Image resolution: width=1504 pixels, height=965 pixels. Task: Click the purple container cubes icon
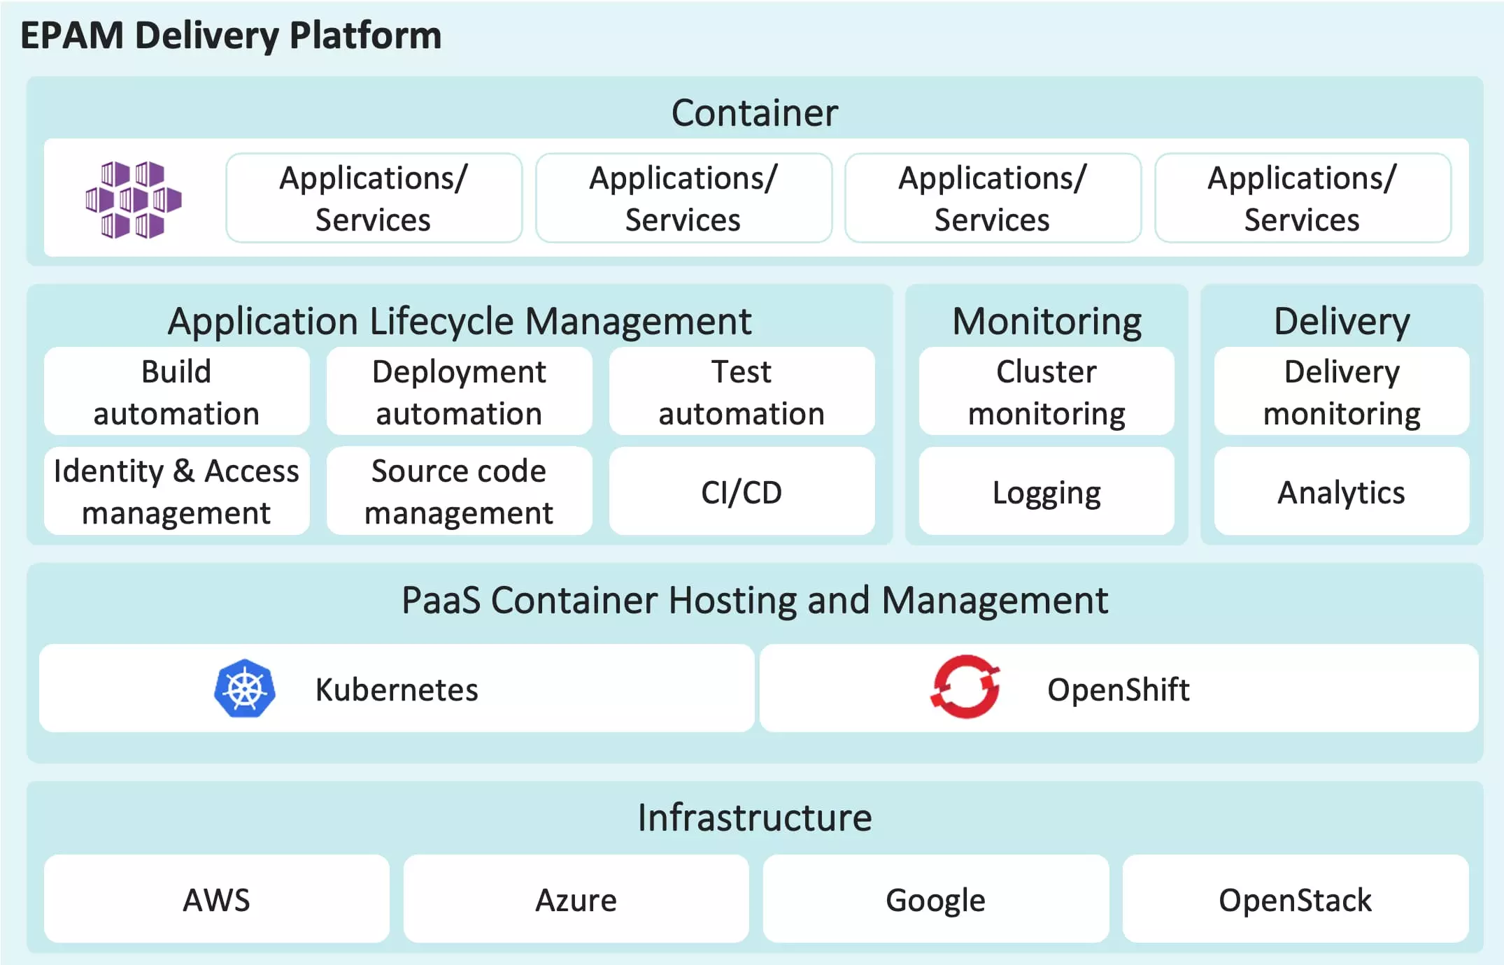coord(133,199)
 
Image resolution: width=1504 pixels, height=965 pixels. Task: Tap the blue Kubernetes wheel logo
coord(244,689)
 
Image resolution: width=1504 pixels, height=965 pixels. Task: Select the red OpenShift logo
coord(965,687)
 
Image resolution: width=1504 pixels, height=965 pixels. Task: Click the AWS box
coord(216,899)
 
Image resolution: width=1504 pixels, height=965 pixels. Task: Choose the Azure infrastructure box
coord(576,899)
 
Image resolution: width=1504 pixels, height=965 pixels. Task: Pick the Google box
coord(935,899)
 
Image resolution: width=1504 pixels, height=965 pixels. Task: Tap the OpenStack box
coord(1295,899)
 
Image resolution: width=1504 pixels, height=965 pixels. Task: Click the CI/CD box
coord(742,492)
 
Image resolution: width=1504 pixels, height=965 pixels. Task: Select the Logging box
coord(1047,492)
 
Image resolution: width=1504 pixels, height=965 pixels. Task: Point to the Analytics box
coord(1341,492)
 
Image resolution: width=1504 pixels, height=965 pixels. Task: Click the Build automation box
coord(176,392)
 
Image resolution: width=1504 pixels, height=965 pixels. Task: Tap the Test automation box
coord(742,392)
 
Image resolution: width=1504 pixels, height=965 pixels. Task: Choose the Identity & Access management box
coord(176,492)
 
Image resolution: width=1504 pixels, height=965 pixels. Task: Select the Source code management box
coord(459,492)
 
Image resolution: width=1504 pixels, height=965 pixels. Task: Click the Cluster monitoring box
coord(1047,392)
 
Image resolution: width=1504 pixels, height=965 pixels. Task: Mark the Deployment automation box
coord(459,392)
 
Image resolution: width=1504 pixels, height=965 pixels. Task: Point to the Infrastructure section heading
coord(754,817)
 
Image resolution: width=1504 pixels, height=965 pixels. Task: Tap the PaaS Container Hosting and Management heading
coord(754,600)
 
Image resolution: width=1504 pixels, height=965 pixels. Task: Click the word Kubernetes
coord(397,689)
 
